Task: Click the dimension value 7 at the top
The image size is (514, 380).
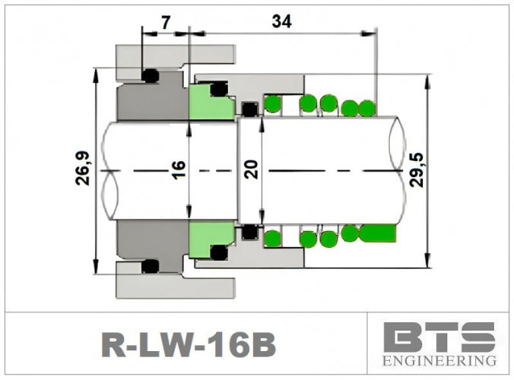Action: click(x=166, y=22)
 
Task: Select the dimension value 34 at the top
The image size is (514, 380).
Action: click(x=281, y=22)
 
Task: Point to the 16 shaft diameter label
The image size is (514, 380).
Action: click(x=179, y=168)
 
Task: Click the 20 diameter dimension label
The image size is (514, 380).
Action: click(x=252, y=168)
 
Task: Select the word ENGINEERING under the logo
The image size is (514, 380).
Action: click(x=439, y=359)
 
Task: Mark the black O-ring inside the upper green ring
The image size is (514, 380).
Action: click(x=219, y=90)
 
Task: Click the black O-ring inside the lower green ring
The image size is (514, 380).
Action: click(x=219, y=252)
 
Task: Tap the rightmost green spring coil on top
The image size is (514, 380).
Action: click(x=366, y=109)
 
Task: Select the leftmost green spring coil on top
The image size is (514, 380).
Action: click(x=271, y=103)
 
